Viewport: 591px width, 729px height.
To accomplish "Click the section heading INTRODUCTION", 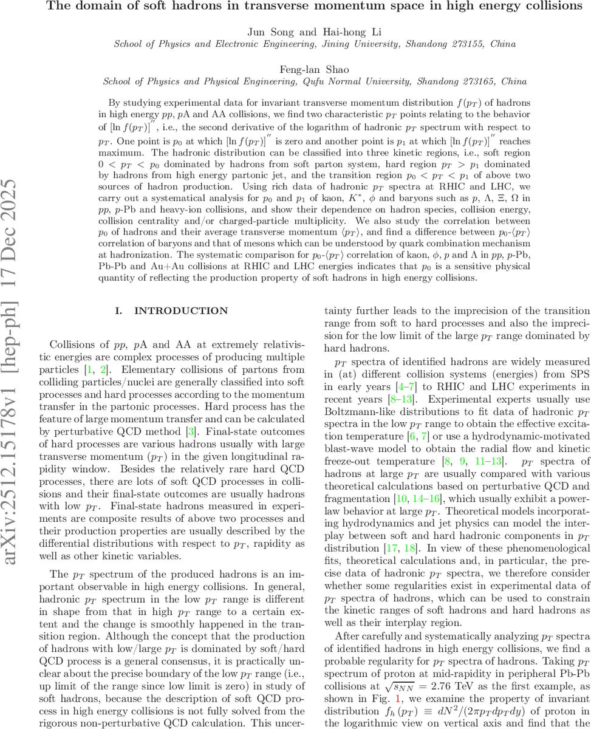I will tap(181, 310).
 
